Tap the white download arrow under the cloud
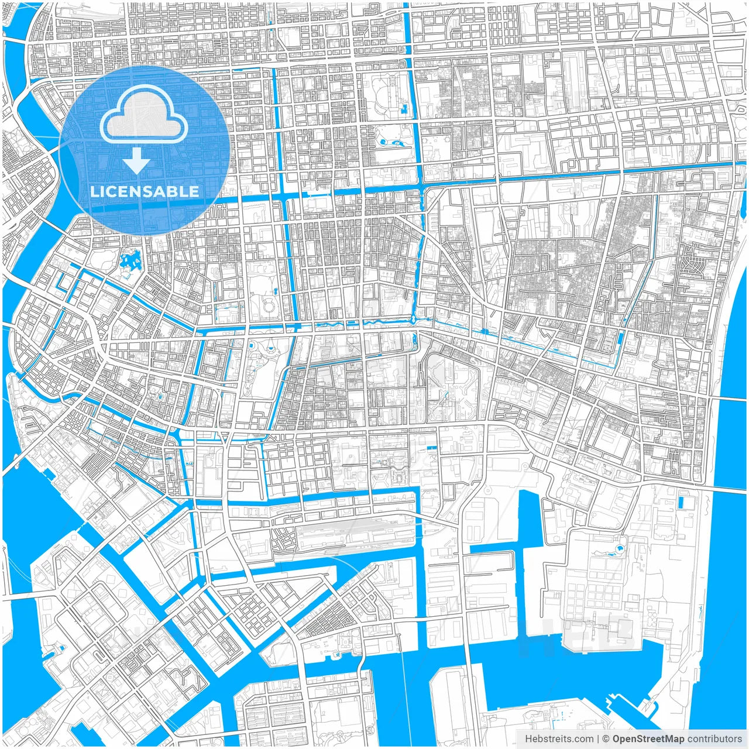point(137,160)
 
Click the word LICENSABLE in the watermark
point(144,191)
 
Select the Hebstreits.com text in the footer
point(559,739)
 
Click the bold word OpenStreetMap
point(648,739)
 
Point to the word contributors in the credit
point(714,739)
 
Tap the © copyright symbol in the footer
point(606,739)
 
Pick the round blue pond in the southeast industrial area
point(619,549)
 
